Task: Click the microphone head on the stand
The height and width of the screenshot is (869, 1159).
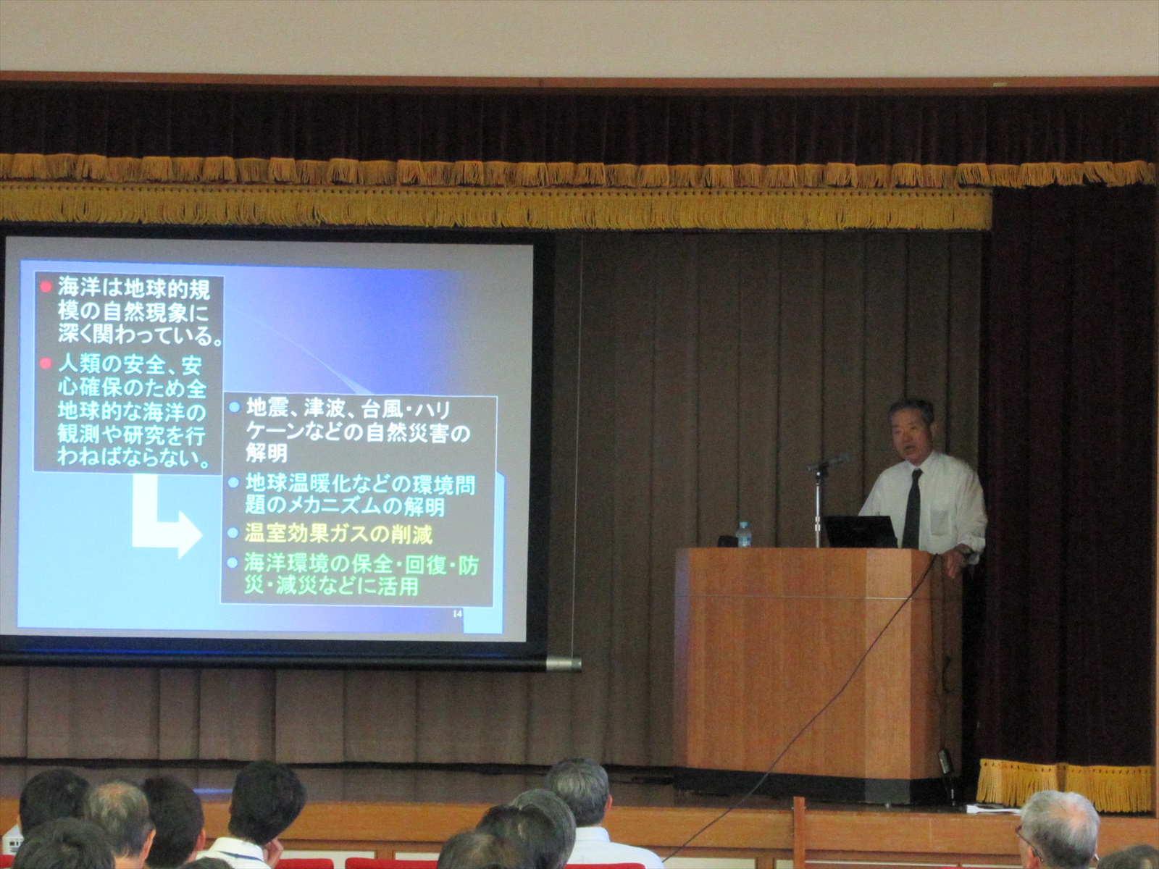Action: (x=827, y=463)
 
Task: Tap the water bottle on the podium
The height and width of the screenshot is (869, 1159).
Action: (x=743, y=535)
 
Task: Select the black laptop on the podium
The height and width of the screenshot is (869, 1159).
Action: (x=860, y=531)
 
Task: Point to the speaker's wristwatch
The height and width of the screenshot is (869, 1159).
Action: (x=964, y=550)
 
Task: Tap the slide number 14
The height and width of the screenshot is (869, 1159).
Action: (x=457, y=613)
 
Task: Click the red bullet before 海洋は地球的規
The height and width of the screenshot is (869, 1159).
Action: (x=46, y=287)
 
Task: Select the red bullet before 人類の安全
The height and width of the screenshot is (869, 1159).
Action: (x=46, y=363)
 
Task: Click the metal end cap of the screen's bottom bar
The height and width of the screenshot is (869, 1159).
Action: (x=563, y=663)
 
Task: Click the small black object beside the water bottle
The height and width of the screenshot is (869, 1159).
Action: (x=726, y=541)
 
